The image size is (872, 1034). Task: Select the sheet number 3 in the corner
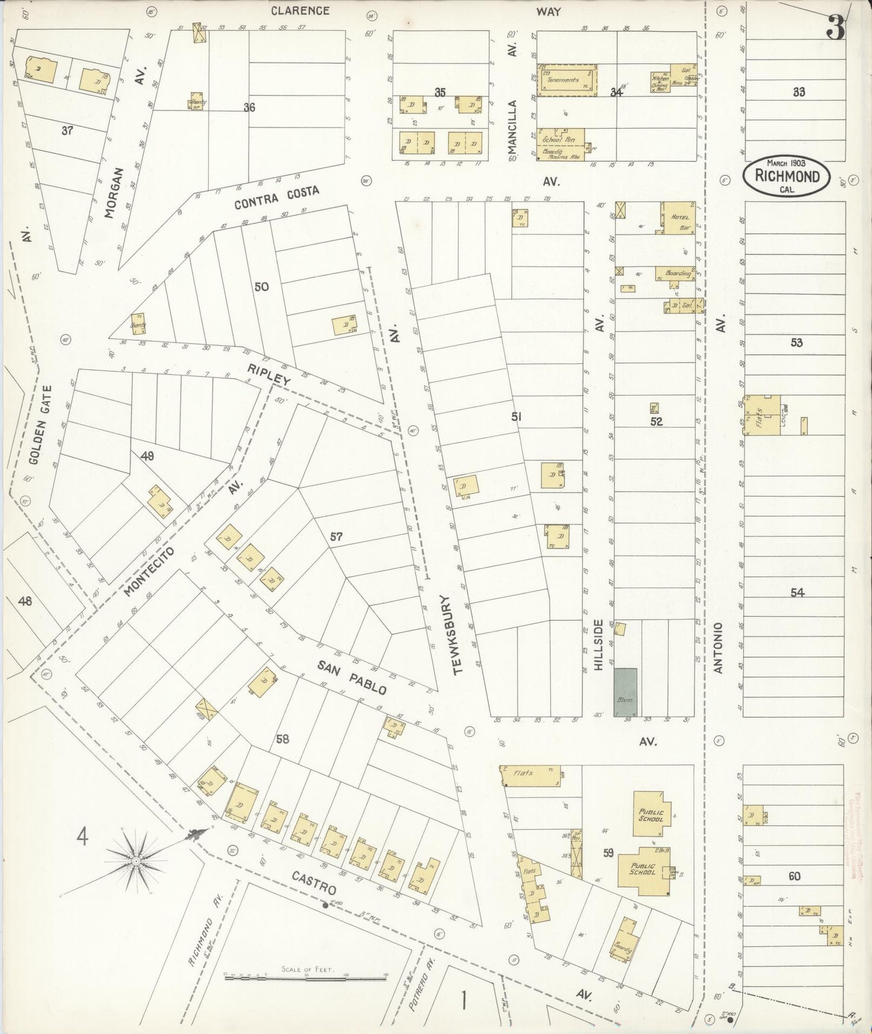coord(836,28)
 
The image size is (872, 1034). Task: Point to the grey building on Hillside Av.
coord(625,692)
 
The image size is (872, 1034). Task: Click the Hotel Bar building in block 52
coord(679,218)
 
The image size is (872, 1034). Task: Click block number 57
coord(336,536)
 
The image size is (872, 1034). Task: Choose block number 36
coord(249,107)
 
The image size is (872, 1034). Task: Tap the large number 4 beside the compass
coord(82,837)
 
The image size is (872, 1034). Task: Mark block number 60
coord(794,875)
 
